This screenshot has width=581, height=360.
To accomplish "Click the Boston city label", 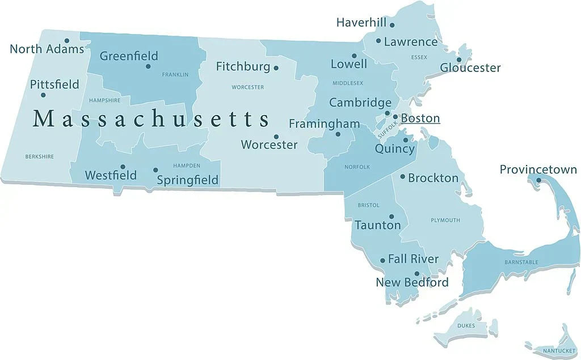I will point(420,118).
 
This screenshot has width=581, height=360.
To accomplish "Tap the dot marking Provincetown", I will point(538,181).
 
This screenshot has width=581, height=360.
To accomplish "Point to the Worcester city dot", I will point(276,137).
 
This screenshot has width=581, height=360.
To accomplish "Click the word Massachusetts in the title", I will point(151,119).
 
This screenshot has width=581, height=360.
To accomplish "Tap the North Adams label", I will point(47,49).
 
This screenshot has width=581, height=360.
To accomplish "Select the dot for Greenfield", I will point(148,66).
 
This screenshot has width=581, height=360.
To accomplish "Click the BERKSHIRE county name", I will point(40,156).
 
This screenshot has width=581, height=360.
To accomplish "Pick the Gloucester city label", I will point(470,68).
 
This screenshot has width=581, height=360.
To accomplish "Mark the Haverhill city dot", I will point(392,25).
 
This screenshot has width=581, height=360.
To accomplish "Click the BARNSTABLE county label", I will point(521,262).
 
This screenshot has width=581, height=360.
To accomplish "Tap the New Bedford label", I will point(412,282).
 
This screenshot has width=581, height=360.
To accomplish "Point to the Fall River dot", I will point(382,260).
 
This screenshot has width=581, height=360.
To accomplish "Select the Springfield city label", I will point(187,180).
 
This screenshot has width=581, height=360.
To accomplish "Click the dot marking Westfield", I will point(123,167).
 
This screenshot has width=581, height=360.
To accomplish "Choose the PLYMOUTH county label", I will point(445,220).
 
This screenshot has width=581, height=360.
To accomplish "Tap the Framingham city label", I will point(324,124).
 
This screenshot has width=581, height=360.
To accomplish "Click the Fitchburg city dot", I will point(276,68).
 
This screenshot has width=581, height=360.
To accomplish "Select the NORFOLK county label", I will point(357,167).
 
